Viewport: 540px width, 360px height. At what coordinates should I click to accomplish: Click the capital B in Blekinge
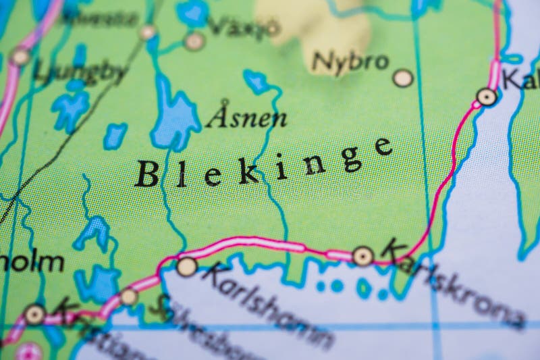(x=146, y=174)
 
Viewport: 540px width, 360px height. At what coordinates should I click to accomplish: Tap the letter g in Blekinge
(x=350, y=158)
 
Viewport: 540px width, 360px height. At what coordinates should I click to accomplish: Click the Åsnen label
(x=246, y=117)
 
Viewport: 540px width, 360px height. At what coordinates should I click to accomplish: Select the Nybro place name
(x=350, y=63)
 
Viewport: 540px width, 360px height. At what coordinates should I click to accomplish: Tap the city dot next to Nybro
(x=403, y=78)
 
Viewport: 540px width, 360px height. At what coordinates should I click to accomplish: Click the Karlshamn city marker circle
(x=186, y=267)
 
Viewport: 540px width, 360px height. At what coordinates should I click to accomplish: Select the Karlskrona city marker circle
(x=363, y=256)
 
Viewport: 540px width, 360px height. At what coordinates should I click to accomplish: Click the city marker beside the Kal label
(x=486, y=97)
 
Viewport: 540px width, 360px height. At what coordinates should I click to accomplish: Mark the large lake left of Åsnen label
(x=173, y=118)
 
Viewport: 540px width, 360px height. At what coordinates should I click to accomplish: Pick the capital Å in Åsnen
(x=217, y=115)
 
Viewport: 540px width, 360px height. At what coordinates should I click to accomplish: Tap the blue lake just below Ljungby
(x=70, y=108)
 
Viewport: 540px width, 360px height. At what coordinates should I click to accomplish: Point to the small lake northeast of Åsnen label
(x=257, y=82)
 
